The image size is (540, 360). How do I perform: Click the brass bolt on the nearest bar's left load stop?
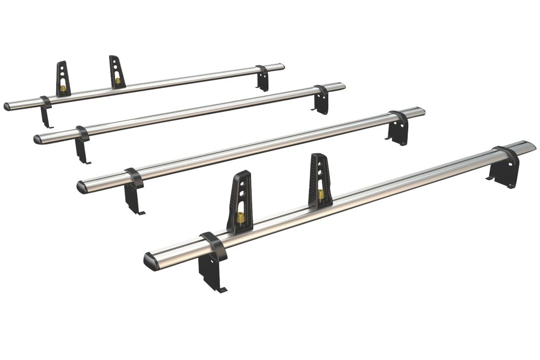click(240, 216)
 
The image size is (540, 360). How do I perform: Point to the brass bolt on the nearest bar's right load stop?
click(321, 194)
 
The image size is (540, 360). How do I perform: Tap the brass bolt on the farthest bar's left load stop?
click(63, 88)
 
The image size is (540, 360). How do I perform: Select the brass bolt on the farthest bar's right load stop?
click(118, 80)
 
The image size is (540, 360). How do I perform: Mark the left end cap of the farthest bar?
click(8, 106)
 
